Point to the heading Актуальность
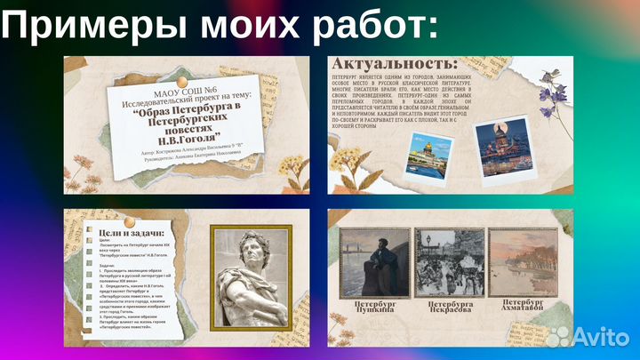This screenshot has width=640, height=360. tap(395, 64)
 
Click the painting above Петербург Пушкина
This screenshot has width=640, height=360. tap(375, 262)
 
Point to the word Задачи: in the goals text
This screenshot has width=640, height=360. tap(108, 265)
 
